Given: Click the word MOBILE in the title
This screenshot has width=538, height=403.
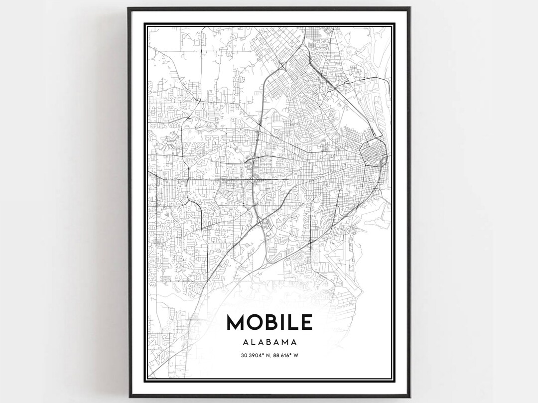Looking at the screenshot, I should coord(269,322).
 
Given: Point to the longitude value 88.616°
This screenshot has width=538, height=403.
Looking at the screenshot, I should coord(284,355).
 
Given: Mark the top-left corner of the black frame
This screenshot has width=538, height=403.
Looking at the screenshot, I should coord(128,8).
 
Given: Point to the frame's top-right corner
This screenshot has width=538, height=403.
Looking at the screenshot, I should coord(410,8).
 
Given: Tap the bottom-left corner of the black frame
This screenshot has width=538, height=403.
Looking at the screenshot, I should coord(128,397).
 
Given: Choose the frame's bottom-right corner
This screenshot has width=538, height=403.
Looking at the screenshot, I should coord(410,397).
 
